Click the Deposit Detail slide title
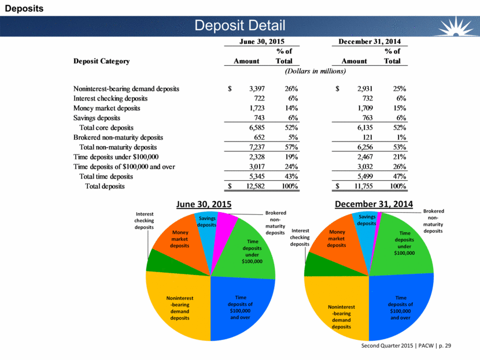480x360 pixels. [x=240, y=25]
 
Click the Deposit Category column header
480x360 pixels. [x=101, y=61]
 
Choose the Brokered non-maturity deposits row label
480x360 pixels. [x=119, y=138]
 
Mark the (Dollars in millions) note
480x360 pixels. [x=315, y=71]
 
